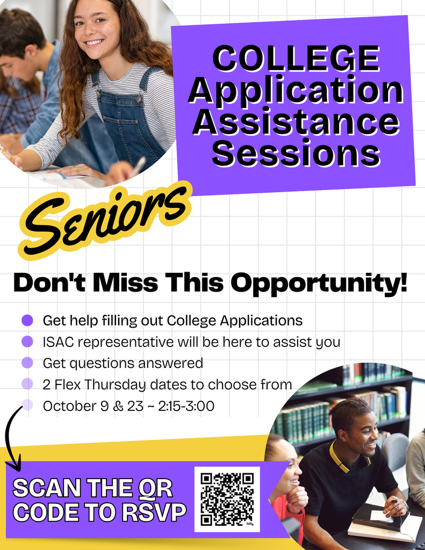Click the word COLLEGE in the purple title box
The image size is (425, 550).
[297, 59]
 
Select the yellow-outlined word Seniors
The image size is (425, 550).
[106, 220]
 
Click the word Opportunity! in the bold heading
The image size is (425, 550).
[319, 283]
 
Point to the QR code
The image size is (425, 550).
[227, 499]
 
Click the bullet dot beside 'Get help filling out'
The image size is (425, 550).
[27, 320]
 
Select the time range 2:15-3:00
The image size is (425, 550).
[186, 406]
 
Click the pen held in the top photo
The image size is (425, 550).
[138, 167]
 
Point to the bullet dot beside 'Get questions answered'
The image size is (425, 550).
[27, 363]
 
